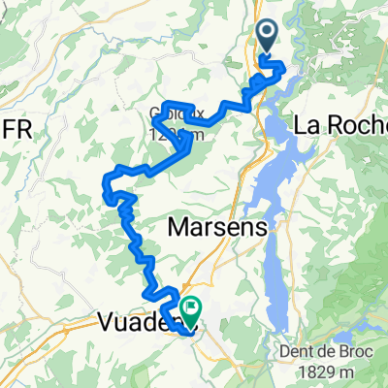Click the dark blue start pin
pos(269,38)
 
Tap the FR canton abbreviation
pos(17,128)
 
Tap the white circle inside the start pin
pos(269,34)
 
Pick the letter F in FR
pos(11,128)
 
